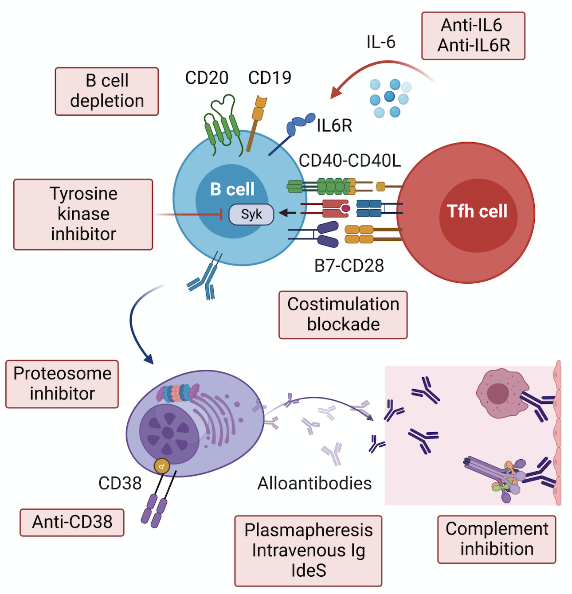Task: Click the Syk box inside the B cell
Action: click(251, 214)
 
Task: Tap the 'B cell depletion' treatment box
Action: click(106, 91)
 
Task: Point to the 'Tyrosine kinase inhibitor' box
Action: click(83, 214)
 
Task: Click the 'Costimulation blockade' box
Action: click(343, 314)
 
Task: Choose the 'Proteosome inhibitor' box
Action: click(62, 384)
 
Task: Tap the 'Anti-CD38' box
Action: click(72, 522)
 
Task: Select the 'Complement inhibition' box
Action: click(496, 539)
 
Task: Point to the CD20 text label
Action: click(207, 78)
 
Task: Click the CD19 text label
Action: click(269, 78)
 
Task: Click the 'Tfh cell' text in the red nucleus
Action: click(477, 211)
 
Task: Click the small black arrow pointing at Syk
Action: click(287, 213)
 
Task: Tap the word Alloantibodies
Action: click(314, 484)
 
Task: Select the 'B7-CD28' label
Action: click(349, 266)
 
